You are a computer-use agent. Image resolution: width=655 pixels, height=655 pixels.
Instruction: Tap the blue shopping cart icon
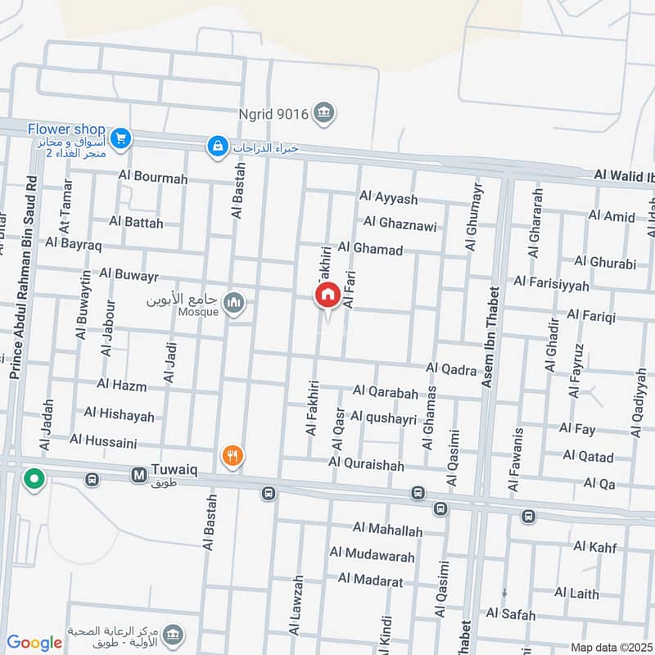120,139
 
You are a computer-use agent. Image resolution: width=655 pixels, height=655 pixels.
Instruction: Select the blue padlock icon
217,146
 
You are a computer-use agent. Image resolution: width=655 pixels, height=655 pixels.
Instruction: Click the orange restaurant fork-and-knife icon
233,456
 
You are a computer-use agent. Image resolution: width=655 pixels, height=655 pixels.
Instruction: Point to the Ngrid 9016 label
273,115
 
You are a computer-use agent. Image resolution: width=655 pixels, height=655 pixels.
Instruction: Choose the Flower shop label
66,129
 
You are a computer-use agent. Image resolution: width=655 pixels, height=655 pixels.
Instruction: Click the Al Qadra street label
451,370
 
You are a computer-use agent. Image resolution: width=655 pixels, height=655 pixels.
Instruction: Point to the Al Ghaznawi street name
400,224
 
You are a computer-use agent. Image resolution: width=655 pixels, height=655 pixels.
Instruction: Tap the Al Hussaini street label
103,440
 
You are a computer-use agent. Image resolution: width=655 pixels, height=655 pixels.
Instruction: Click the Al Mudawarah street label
380,555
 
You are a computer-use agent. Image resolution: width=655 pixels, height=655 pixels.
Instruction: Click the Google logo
34,642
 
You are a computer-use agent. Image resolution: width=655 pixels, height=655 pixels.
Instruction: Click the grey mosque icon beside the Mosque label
235,304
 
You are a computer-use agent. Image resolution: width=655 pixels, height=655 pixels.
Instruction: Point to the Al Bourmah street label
153,178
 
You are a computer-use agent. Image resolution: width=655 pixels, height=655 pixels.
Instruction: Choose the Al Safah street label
511,614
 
